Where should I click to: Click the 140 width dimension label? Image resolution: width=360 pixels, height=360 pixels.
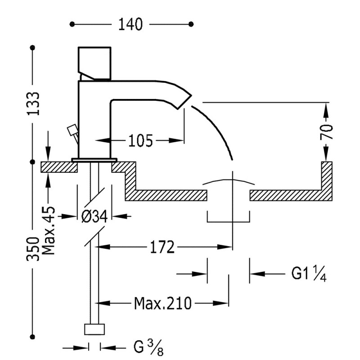click(130, 24)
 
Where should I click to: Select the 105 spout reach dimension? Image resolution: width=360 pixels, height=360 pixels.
click(140, 141)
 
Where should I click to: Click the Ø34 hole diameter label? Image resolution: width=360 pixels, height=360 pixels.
click(94, 216)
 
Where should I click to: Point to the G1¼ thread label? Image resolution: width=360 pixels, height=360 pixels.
click(309, 274)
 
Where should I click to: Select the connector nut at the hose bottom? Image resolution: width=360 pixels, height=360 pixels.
click(94, 329)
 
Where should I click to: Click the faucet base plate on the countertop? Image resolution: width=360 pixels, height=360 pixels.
click(94, 159)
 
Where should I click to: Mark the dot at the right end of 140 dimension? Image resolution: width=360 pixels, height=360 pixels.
click(192, 23)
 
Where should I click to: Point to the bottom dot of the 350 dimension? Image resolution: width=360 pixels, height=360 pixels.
click(32, 335)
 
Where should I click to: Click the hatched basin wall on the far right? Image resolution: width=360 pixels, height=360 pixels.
click(327, 180)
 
